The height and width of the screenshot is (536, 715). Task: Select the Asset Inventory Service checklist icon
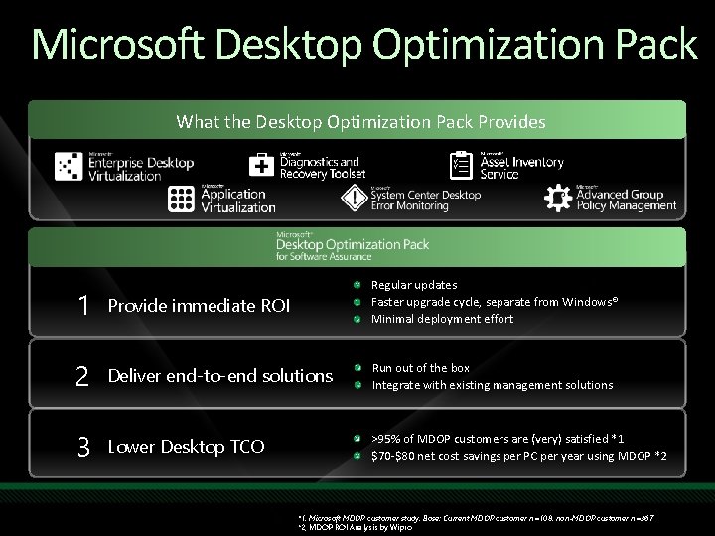(462, 165)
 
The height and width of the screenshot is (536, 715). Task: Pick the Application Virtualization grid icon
(181, 199)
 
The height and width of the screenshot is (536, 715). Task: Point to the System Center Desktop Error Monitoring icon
(355, 199)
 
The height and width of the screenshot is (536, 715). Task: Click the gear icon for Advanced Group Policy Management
(558, 199)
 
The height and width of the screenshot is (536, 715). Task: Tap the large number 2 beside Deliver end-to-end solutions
(81, 376)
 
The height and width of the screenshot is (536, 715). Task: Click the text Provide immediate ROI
(199, 306)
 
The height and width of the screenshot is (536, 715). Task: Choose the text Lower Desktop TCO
(186, 447)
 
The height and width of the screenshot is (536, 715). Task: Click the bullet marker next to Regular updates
(356, 286)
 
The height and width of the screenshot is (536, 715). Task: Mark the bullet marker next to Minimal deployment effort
(356, 319)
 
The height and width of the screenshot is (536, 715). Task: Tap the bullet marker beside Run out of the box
(356, 368)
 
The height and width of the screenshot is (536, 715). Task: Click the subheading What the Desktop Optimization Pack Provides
(360, 122)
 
